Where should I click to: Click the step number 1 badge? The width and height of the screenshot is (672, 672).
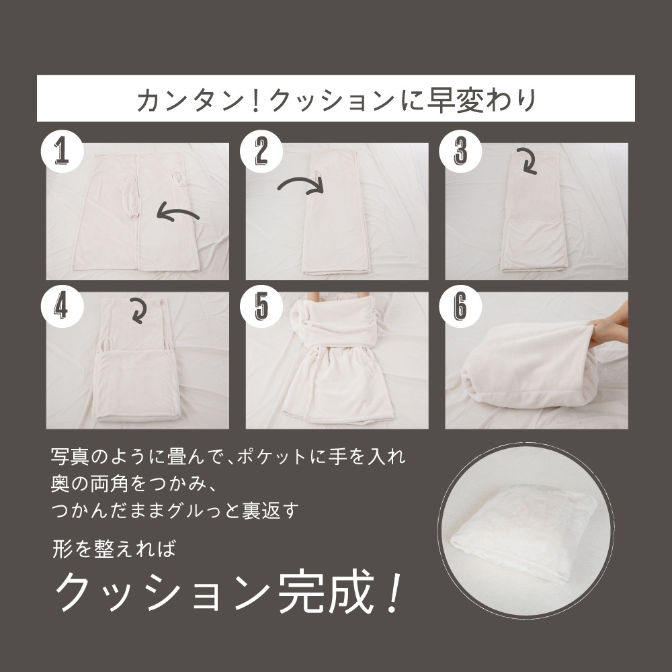click(x=62, y=151)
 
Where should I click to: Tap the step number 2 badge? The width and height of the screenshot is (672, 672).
click(x=261, y=151)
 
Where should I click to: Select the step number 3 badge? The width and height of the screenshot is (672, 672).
click(x=460, y=151)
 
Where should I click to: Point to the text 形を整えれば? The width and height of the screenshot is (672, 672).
click(x=114, y=548)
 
